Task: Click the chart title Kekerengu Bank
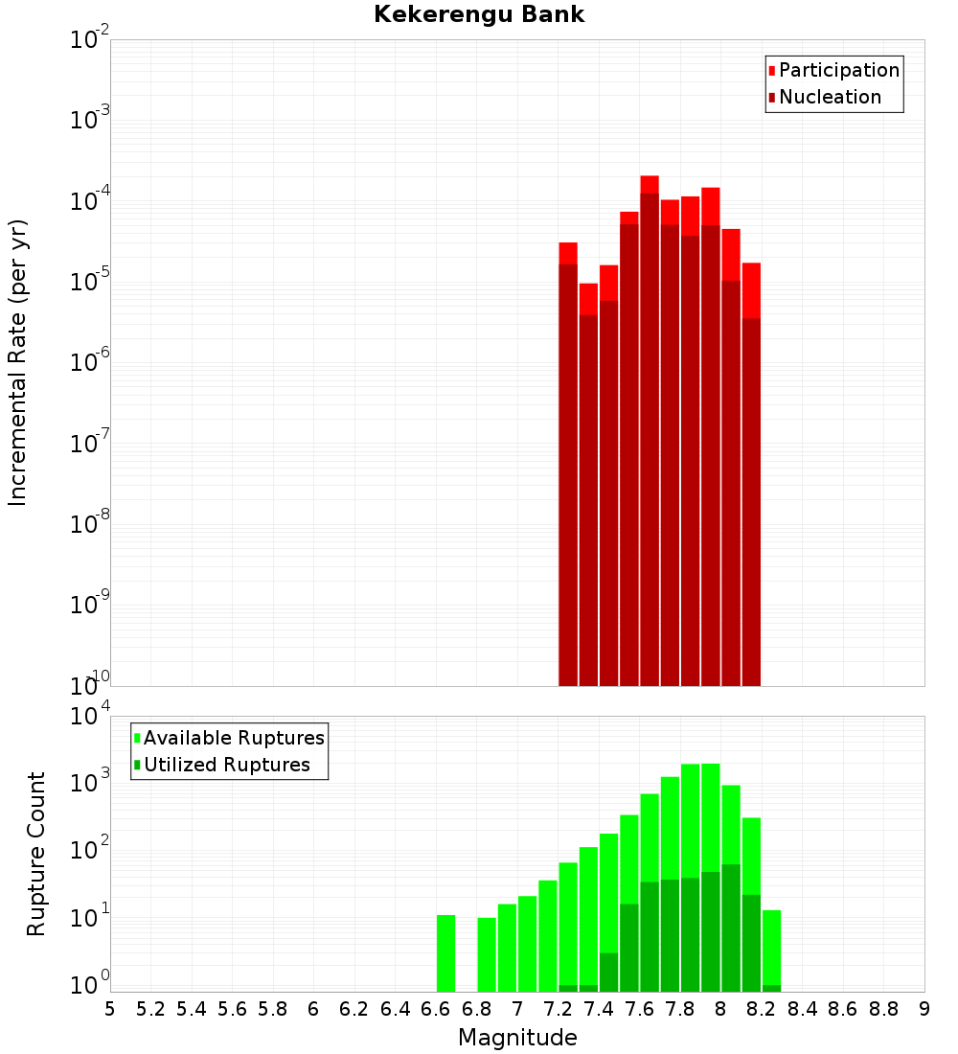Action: pos(478,15)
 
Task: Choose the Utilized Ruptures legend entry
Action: pos(225,765)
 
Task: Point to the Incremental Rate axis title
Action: pos(18,362)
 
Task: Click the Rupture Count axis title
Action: pos(36,853)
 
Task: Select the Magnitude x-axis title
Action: pos(517,1038)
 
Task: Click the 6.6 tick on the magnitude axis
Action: pos(436,1009)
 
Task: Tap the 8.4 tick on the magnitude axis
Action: pos(802,1009)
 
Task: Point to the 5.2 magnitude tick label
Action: pos(151,1009)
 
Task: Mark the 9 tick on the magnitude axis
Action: pos(924,1009)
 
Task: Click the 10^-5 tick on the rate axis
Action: pos(89,282)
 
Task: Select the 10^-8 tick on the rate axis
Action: pos(89,524)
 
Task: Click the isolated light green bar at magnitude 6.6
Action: pos(445,953)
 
